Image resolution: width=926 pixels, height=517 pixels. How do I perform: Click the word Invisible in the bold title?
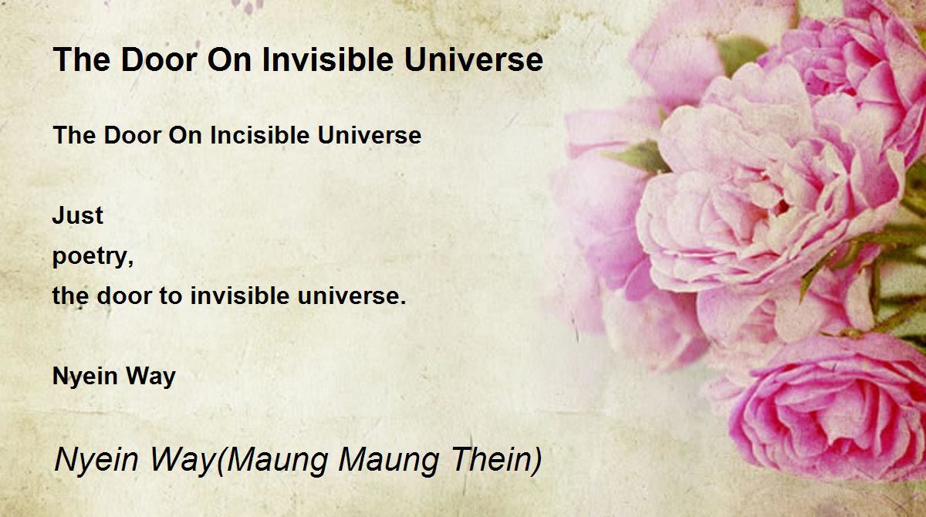tap(327, 59)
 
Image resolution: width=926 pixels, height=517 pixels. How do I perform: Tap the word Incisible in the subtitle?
tap(259, 135)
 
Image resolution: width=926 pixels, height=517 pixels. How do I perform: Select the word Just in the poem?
tap(78, 215)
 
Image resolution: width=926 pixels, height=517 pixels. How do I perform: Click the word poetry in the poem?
tap(93, 257)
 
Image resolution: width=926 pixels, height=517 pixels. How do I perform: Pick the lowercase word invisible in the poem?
tap(240, 296)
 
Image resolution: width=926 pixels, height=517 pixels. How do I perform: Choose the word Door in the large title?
tap(159, 59)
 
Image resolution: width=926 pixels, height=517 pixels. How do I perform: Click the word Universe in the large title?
tap(473, 59)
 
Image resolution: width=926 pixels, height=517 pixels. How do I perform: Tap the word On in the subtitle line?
tap(181, 135)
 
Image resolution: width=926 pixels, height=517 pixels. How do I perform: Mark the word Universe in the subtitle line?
tap(370, 135)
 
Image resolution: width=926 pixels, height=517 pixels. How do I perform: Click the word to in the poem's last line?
tap(171, 296)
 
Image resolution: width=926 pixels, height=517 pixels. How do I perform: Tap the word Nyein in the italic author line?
tap(96, 461)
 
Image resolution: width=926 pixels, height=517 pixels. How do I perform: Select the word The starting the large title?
tap(82, 59)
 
